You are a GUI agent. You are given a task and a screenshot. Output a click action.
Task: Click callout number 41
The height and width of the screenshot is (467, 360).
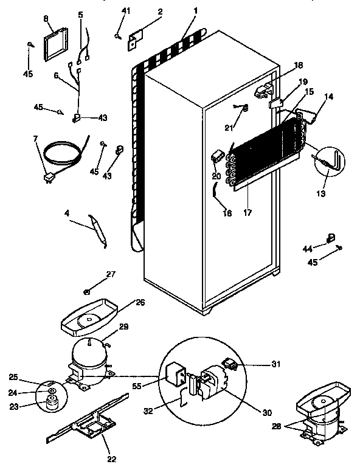coord(126,11)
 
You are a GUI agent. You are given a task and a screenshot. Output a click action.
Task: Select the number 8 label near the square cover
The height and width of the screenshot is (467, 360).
coord(46,19)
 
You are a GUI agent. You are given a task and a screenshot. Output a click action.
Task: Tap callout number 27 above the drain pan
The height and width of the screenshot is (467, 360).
coord(110,275)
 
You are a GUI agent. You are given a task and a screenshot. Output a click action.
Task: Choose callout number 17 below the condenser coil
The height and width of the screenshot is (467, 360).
coord(248,213)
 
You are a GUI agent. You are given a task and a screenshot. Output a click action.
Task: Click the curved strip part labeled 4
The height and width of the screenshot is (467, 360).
coord(98,230)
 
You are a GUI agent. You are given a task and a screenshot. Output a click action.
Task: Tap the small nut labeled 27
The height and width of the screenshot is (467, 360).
coord(88,292)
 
